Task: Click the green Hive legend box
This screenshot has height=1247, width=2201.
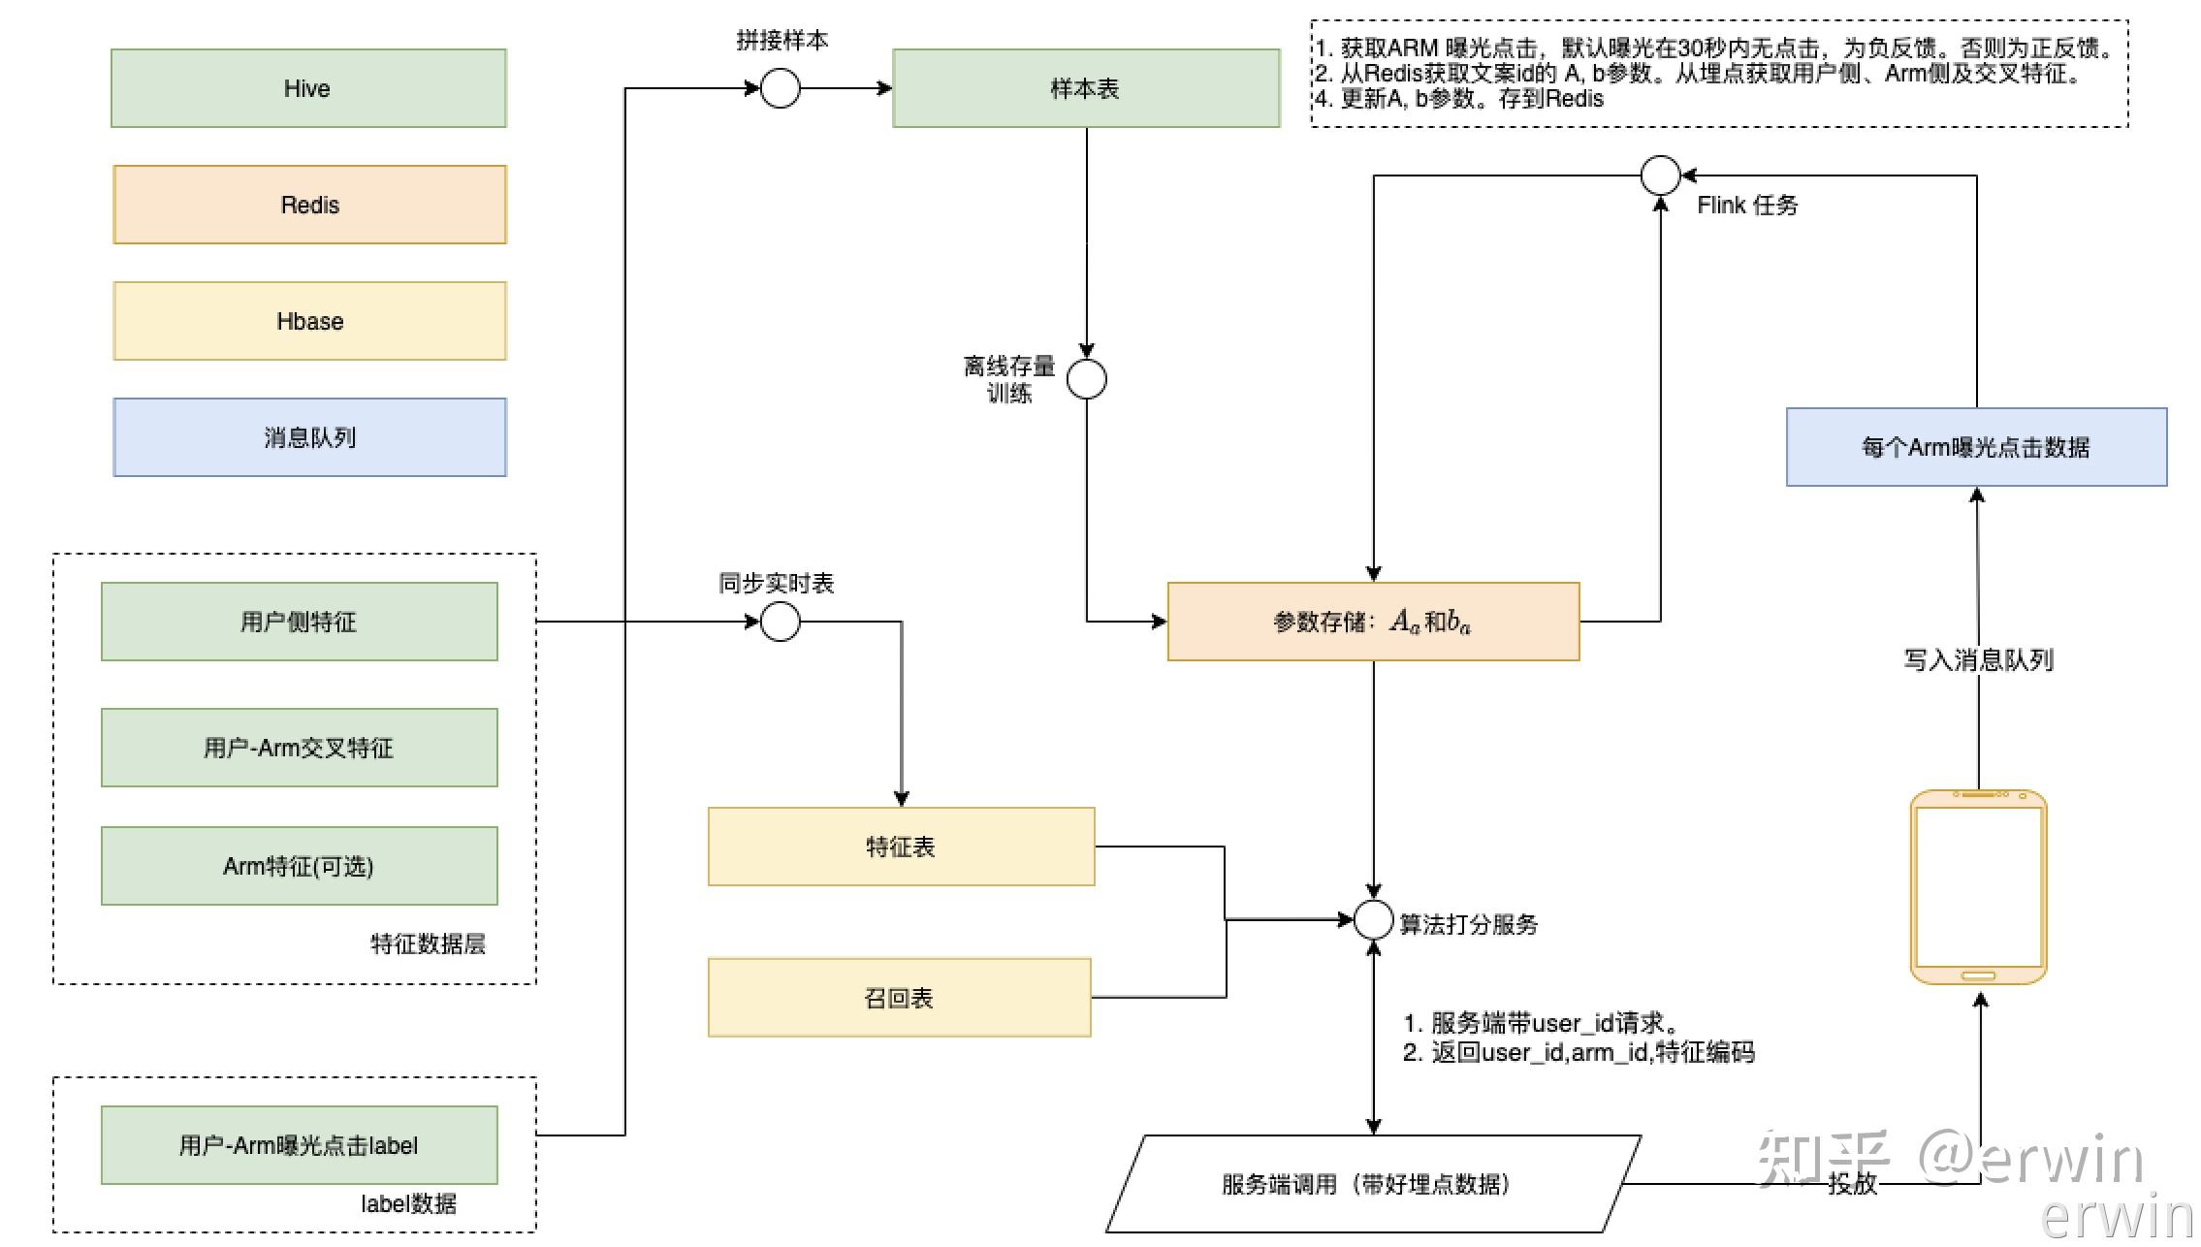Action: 308,88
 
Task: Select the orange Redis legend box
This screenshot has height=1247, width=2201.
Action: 309,205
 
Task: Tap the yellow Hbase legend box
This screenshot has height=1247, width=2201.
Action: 309,321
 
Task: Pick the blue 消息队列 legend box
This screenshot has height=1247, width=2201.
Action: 309,437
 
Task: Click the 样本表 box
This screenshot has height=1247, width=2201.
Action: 1086,88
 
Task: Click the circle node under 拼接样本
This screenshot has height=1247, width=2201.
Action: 780,88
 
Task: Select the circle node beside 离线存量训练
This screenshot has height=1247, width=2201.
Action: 1086,379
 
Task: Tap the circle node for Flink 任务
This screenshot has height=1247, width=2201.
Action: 1660,176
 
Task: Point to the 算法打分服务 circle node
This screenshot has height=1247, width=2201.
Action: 1373,919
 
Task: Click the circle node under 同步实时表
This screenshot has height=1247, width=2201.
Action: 780,622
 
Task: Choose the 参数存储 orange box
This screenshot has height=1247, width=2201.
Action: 1373,622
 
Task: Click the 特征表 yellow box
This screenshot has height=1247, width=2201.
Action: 901,847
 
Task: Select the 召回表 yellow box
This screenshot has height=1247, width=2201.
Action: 899,998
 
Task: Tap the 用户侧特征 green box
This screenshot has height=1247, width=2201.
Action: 299,622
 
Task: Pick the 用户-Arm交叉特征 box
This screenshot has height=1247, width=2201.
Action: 299,748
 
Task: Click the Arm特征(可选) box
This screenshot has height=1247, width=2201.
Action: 299,866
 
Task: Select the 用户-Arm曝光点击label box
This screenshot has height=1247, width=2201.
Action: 299,1145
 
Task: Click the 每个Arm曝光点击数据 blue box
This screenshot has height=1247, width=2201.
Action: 1976,447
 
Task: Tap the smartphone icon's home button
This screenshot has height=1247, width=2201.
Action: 1978,975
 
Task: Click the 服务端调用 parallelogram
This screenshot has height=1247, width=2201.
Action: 1373,1184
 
